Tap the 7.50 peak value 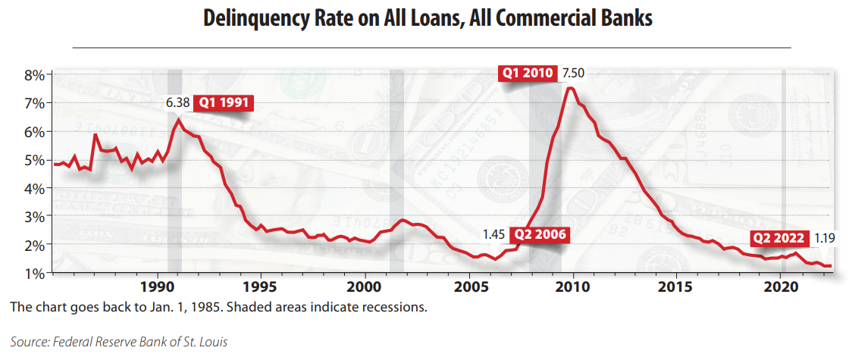[x=574, y=74]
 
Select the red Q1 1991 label [x=223, y=103]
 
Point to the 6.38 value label [x=179, y=103]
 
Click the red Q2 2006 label [x=540, y=234]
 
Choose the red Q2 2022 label [x=779, y=238]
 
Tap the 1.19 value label [x=824, y=238]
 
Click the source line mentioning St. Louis [x=119, y=342]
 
